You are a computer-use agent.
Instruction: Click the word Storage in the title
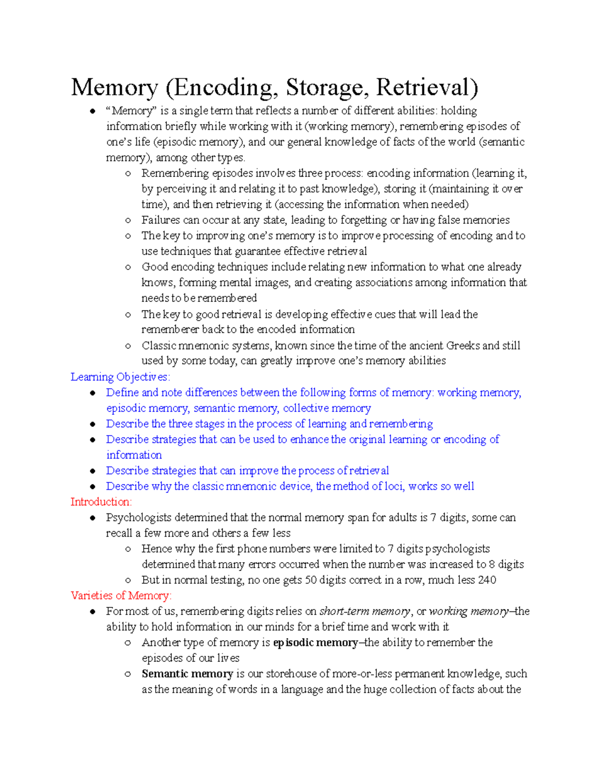325,88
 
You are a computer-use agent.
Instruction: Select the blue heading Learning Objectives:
121,377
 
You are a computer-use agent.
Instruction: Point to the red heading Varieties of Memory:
121,595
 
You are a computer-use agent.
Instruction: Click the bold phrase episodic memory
315,642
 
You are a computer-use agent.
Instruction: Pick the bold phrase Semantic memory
187,673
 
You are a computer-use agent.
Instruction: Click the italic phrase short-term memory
365,611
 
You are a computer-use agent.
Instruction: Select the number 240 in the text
487,580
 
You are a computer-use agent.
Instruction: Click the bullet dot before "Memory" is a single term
92,111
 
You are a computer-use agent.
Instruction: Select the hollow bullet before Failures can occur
128,220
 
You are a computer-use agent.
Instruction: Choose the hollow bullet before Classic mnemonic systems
128,346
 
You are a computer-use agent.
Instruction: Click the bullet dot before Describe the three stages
92,424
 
